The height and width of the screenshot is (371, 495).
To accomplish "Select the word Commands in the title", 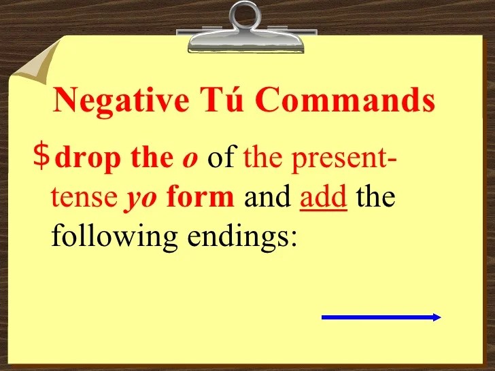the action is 345,99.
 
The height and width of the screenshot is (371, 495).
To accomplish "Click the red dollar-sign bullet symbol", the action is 41,156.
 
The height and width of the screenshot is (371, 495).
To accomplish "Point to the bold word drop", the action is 88,159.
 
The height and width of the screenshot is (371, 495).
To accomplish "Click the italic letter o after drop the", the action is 190,160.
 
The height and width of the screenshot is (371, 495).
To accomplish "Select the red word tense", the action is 84,198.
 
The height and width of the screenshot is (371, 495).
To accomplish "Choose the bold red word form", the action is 201,195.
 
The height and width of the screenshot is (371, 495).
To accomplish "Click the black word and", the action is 267,196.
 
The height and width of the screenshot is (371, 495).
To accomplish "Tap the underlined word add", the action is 324,196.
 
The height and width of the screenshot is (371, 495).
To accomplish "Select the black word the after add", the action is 375,196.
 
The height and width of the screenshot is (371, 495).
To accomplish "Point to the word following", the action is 114,236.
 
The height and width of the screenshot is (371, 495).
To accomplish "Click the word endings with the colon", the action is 242,236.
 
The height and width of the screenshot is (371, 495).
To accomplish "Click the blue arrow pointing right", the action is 381,317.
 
